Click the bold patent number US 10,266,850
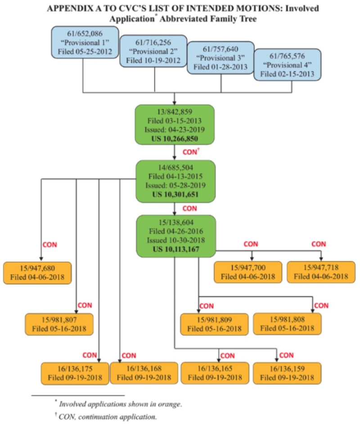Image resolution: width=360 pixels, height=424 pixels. point(175,138)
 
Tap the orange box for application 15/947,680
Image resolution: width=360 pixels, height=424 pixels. point(38,272)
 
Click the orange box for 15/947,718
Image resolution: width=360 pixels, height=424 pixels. point(320,272)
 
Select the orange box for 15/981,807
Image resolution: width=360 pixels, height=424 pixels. point(59,324)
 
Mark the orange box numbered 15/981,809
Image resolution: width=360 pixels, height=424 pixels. point(214,324)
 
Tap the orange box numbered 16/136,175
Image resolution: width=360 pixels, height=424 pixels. point(75,373)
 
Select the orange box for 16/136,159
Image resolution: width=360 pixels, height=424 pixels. point(287,373)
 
